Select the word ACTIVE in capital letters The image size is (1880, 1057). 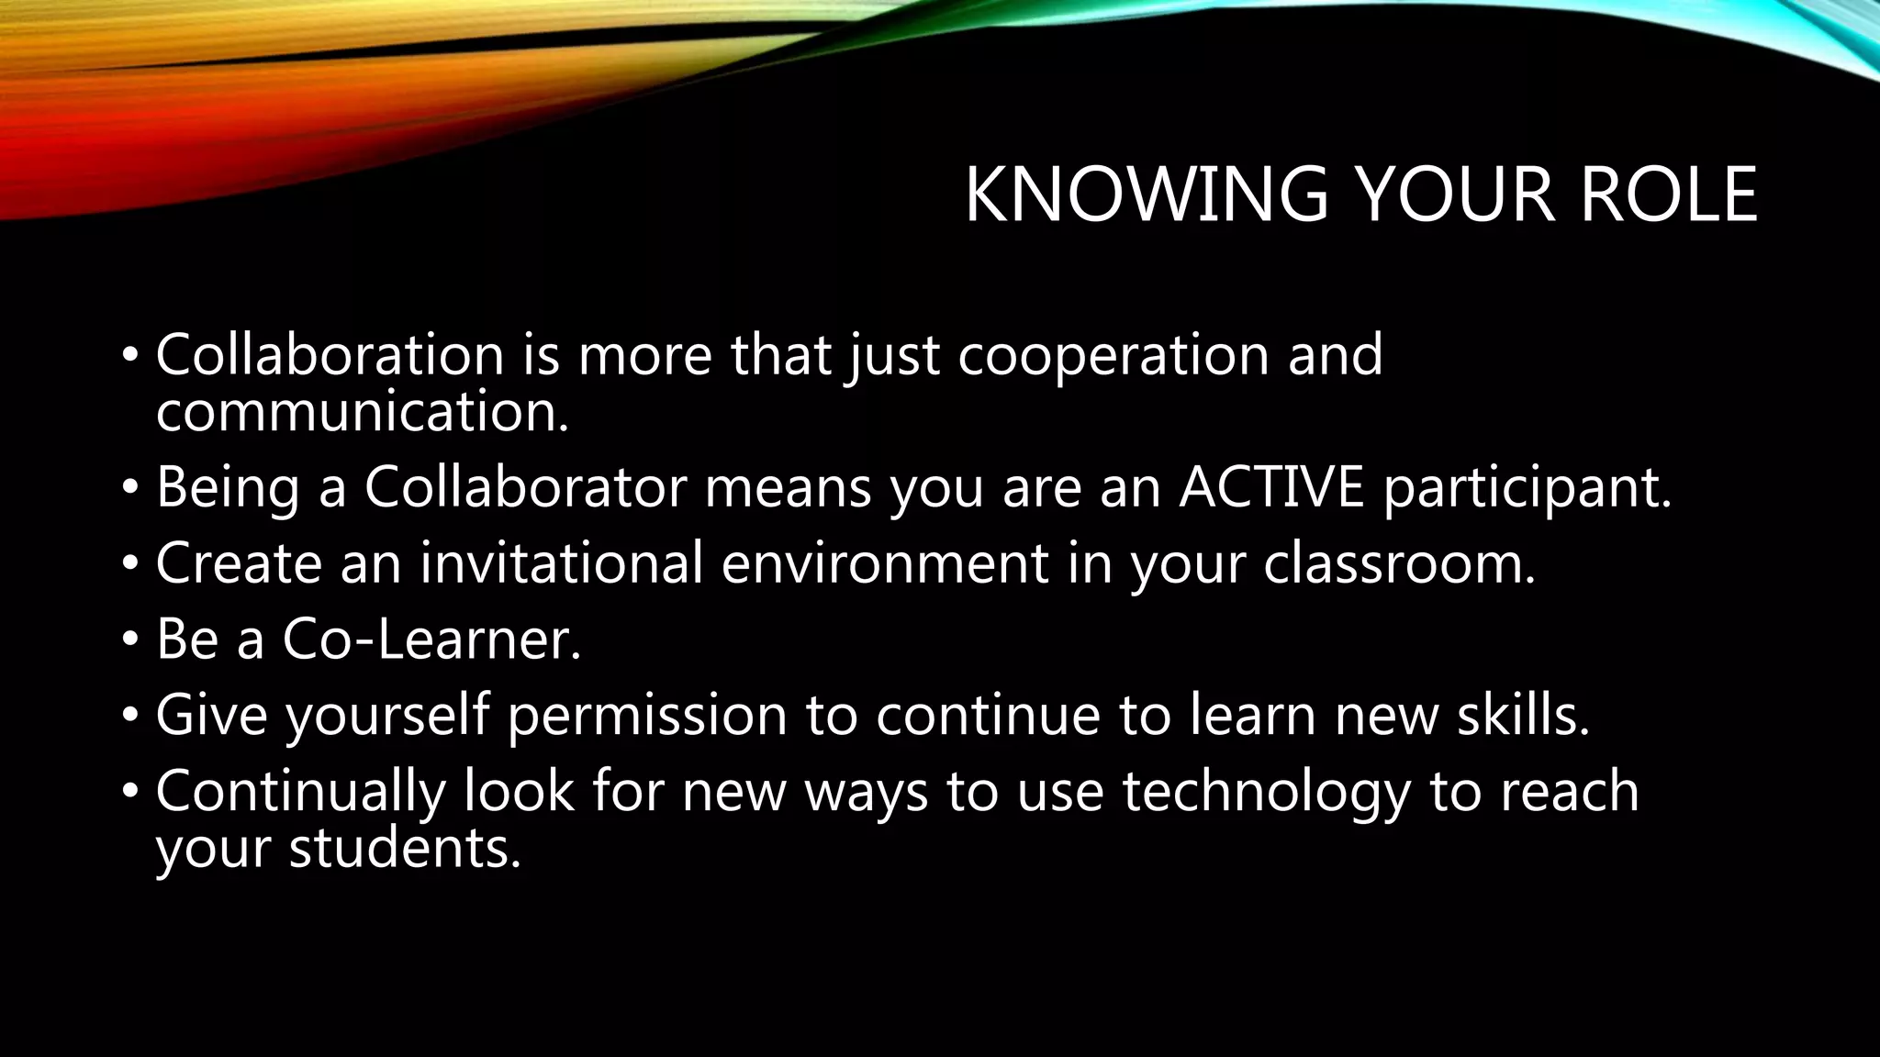pos(1271,486)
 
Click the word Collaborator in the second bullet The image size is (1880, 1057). pos(525,486)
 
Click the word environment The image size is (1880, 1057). pos(885,562)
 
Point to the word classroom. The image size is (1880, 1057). pos(1398,562)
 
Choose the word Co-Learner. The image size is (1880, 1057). pos(431,639)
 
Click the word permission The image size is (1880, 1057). pos(647,717)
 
